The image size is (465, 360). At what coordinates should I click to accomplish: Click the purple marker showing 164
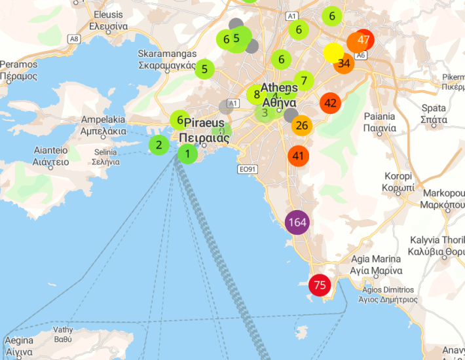tap(297, 222)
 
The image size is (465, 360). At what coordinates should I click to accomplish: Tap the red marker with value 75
tap(320, 285)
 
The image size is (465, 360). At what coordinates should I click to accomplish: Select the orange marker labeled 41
tap(299, 156)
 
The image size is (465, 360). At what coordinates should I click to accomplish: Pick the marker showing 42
tap(330, 103)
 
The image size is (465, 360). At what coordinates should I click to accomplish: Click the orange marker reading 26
tap(301, 125)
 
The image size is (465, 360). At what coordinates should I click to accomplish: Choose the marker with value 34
tap(344, 63)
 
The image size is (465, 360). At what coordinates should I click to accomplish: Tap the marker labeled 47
tap(363, 40)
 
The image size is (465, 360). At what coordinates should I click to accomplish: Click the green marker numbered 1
tap(187, 154)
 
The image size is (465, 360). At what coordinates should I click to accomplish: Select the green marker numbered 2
tap(158, 145)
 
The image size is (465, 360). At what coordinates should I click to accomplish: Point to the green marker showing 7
tap(304, 81)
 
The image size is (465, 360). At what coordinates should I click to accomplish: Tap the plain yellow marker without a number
tap(333, 52)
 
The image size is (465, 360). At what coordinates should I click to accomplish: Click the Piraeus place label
tap(204, 130)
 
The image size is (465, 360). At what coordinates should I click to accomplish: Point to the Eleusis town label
tap(108, 20)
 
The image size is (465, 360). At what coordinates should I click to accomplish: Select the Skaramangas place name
tap(168, 59)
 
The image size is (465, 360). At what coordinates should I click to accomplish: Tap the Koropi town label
tap(398, 181)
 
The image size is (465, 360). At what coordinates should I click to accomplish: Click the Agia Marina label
tap(377, 264)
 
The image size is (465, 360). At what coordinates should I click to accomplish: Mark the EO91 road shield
tap(246, 170)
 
